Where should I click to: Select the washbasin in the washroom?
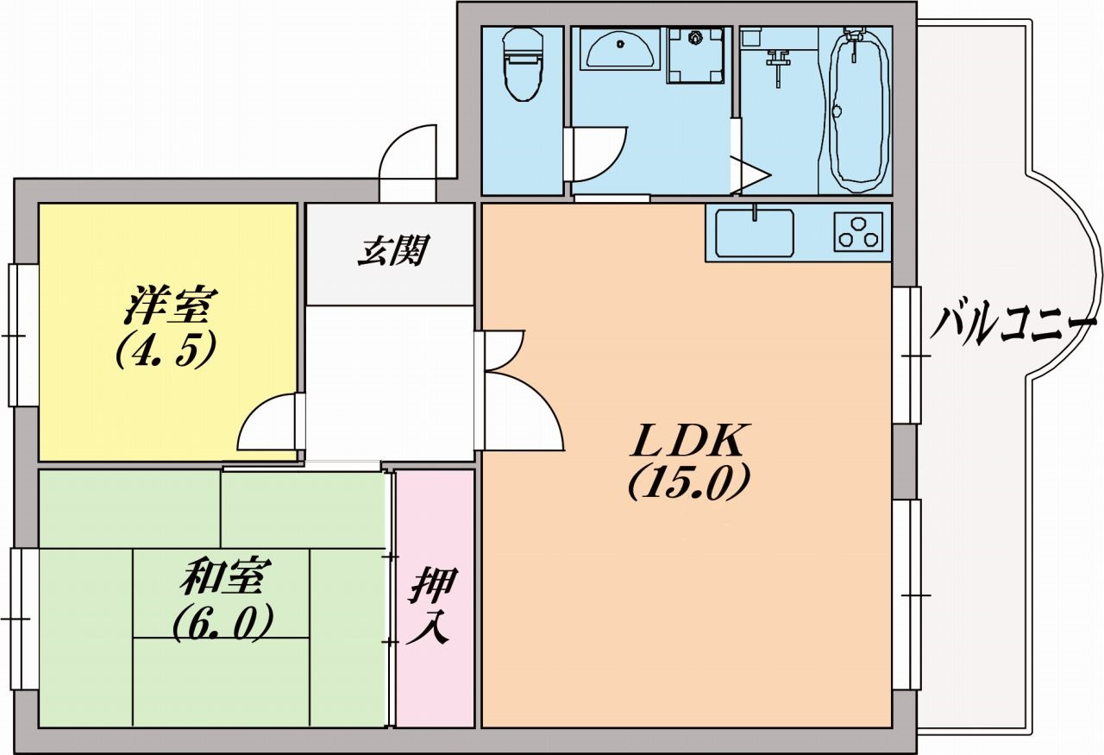point(619,50)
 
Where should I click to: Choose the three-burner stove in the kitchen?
point(858,231)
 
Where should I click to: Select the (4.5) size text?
point(165,350)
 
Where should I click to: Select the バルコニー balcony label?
point(1014,325)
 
